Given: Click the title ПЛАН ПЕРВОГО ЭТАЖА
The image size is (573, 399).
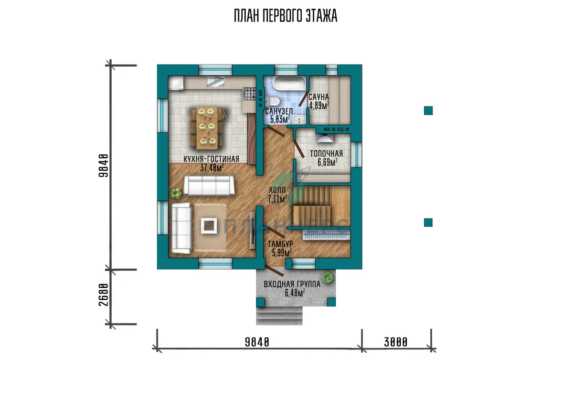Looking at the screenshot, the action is click(x=286, y=16).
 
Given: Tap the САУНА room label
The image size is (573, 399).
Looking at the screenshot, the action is click(x=318, y=97).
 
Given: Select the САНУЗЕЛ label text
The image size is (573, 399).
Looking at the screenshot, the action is click(x=279, y=112).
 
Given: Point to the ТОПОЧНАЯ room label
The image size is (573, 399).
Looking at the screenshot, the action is click(x=327, y=154).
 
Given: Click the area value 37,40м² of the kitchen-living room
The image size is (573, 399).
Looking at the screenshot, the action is click(x=212, y=168).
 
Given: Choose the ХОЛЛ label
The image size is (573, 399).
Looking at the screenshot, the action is click(x=277, y=190).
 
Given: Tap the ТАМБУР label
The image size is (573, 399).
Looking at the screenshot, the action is click(x=280, y=244).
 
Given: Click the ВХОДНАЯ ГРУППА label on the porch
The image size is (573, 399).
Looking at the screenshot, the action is click(x=292, y=284).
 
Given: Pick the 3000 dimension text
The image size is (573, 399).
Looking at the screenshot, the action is click(x=396, y=342).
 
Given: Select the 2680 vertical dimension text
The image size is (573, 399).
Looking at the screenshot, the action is click(x=103, y=294).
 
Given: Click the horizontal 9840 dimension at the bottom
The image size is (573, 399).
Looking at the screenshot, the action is click(x=257, y=342).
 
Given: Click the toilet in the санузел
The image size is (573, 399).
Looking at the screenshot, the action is click(x=272, y=102).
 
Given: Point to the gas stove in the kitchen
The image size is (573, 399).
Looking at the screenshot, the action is click(x=250, y=94).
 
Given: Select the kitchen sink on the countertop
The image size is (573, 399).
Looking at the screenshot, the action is click(x=216, y=82).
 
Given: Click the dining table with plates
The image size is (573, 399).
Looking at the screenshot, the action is click(x=207, y=128).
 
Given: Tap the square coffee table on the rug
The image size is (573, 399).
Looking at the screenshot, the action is click(x=209, y=226).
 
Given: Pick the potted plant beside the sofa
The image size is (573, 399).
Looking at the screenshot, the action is click(x=176, y=193).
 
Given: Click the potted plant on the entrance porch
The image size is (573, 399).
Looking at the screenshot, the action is click(x=328, y=278).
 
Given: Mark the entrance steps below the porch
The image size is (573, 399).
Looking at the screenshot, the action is click(x=279, y=315).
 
